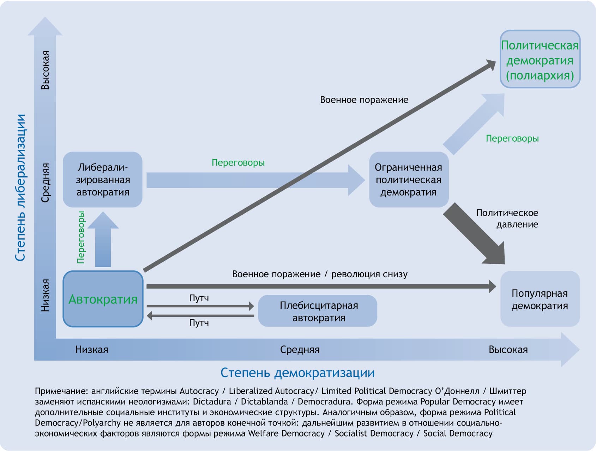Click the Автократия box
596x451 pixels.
coord(103,299)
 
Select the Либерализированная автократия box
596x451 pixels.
coord(103,179)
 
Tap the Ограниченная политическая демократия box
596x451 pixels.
coord(408,179)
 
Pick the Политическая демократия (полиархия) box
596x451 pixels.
coord(540,59)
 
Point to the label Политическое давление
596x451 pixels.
coord(507,218)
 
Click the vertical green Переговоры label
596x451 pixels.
coord(81,237)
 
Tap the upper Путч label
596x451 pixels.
coord(199,298)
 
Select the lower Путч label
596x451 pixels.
coord(199,322)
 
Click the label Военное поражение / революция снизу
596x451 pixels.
coord(320,274)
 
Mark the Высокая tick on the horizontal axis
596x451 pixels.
coord(508,350)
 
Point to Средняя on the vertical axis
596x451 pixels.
coord(45,183)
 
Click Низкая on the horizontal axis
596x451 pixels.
coord(91,350)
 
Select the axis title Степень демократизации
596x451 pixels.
coord(297,373)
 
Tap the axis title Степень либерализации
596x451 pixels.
coord(20,187)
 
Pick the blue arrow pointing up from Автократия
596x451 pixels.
coord(103,240)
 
